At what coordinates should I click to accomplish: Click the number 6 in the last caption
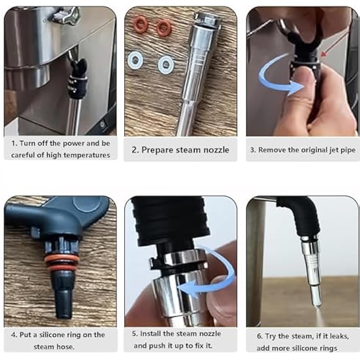[259, 336]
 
